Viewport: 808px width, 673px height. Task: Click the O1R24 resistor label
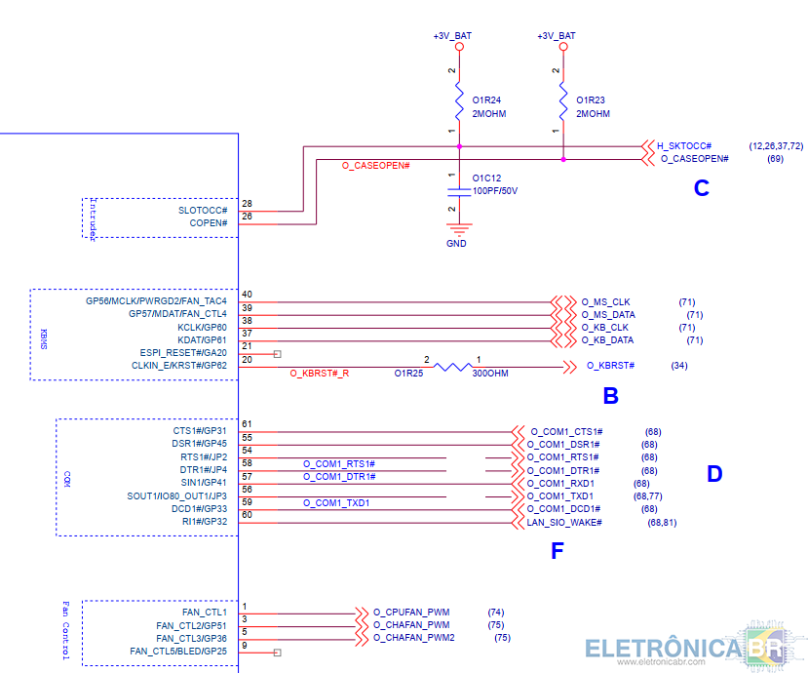[x=486, y=100]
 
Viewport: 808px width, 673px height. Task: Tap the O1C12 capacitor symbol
[x=459, y=192]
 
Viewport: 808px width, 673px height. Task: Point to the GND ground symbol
[x=459, y=228]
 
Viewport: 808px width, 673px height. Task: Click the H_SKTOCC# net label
[x=684, y=146]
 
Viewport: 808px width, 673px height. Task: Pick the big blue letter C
[x=702, y=188]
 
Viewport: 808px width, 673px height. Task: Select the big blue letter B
[x=611, y=396]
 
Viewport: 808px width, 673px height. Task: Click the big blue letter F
[x=558, y=551]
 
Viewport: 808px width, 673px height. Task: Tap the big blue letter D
[x=714, y=473]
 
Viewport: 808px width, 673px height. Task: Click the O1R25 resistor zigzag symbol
[x=452, y=367]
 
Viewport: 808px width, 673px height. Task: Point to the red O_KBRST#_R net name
[x=320, y=374]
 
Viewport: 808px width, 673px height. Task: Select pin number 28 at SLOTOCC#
[x=247, y=204]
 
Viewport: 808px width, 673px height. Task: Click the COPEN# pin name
[x=209, y=223]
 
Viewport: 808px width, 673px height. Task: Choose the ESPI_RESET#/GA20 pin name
[x=183, y=353]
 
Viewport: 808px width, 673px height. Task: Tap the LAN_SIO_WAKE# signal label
[x=564, y=523]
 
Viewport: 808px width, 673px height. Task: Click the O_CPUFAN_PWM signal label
[x=411, y=613]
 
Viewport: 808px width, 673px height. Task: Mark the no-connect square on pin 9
[x=277, y=653]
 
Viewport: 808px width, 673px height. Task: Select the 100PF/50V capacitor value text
[x=495, y=191]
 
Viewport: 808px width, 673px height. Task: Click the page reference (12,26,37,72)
[x=776, y=146]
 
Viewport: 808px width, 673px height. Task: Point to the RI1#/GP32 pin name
[x=205, y=522]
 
